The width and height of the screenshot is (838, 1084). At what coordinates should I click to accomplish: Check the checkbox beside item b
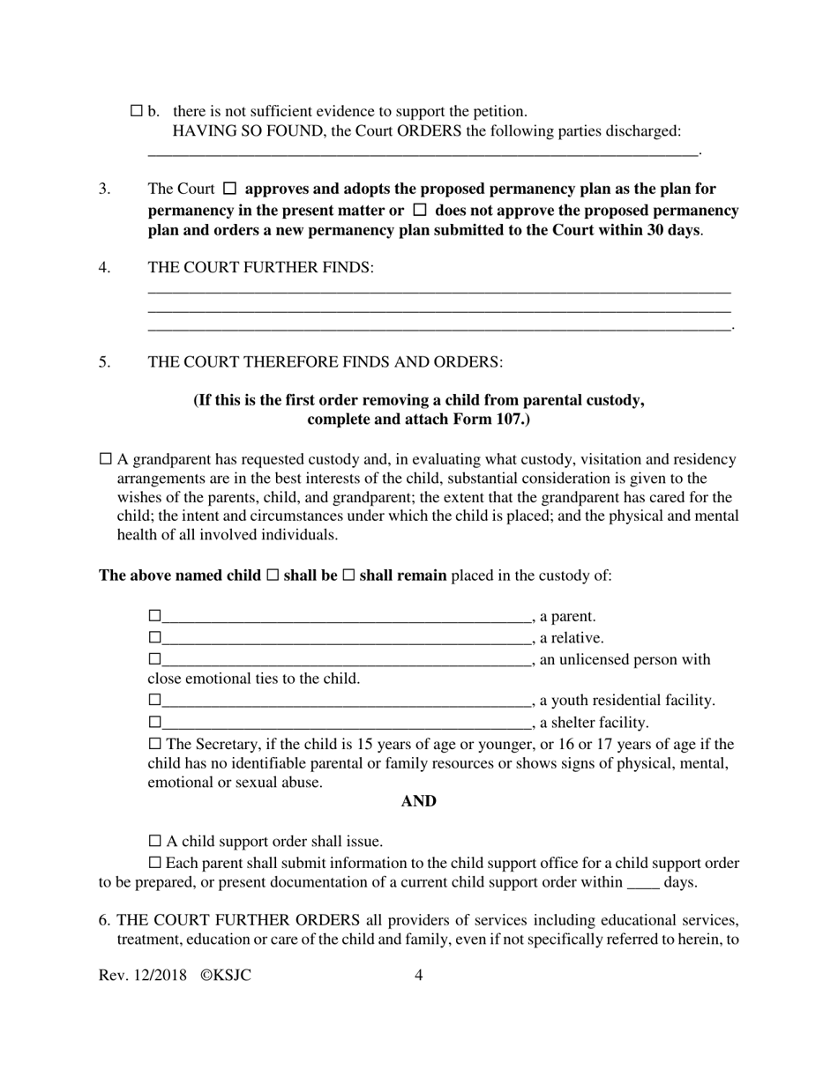(137, 111)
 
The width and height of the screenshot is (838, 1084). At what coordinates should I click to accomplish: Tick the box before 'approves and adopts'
(230, 189)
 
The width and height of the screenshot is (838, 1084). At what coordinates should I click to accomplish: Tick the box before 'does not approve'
(420, 211)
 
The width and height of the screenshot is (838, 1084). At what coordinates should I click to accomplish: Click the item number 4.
(104, 267)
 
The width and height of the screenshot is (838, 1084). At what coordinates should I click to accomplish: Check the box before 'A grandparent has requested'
(106, 459)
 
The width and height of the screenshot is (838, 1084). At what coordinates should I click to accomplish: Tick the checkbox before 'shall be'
(273, 575)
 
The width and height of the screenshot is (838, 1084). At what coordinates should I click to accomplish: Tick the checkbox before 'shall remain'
(348, 575)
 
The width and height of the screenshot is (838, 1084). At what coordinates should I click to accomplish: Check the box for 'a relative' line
(154, 637)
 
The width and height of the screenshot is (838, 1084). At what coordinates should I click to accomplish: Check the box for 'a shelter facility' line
(154, 723)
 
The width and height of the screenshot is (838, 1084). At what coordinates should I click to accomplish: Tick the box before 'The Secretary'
(155, 745)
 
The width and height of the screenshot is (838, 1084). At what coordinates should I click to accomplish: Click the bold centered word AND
(418, 801)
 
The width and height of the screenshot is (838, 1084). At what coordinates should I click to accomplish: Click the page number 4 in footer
(418, 976)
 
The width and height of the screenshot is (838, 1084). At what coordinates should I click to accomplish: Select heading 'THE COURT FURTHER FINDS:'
(261, 267)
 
